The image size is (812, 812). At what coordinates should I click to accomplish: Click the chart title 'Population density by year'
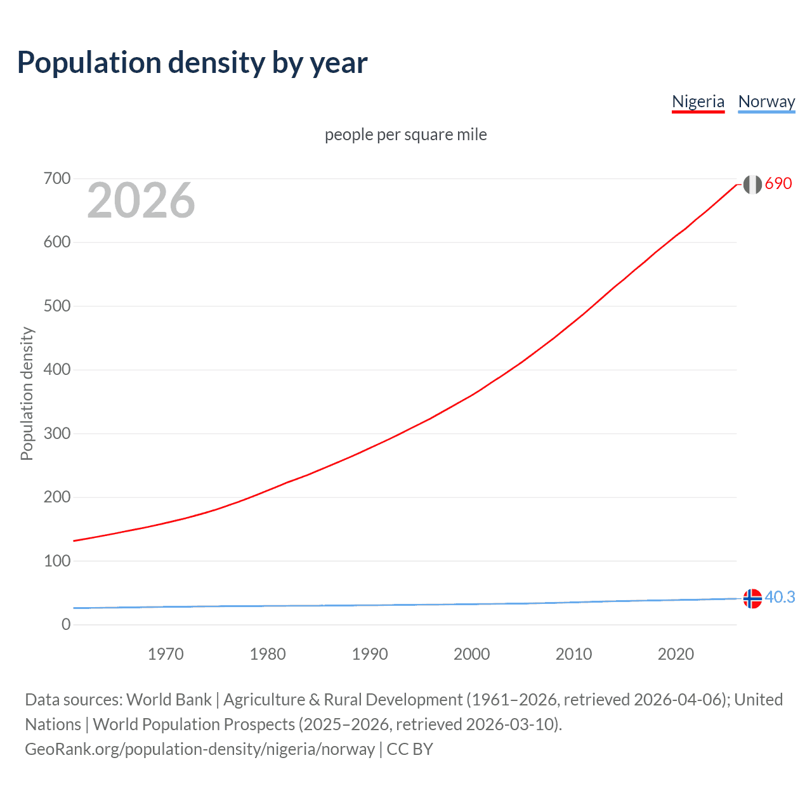click(x=192, y=63)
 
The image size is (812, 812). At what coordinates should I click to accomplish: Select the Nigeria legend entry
click(x=698, y=101)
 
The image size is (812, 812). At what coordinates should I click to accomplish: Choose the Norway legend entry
click(x=766, y=101)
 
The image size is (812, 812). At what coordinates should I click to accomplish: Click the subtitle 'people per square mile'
click(x=406, y=134)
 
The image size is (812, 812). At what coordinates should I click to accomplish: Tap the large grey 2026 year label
click(x=141, y=200)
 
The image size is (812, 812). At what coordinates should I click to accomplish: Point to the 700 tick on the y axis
click(x=57, y=178)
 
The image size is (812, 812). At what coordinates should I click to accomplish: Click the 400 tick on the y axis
click(x=57, y=369)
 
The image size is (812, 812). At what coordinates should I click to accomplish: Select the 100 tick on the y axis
click(x=57, y=561)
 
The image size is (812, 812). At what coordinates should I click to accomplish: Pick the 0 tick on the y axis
click(x=66, y=624)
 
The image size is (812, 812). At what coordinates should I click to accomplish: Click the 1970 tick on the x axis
click(x=166, y=654)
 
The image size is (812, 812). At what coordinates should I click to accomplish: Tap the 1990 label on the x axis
click(x=370, y=654)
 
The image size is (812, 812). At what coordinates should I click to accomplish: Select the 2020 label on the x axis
click(x=676, y=654)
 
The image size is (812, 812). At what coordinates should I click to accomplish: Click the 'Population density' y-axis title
click(x=27, y=393)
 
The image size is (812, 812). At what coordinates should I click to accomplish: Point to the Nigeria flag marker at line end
click(x=752, y=185)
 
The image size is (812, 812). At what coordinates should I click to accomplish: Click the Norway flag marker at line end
click(x=752, y=598)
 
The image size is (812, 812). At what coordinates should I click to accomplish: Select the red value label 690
click(x=778, y=183)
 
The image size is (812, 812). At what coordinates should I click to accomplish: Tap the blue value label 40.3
click(x=780, y=597)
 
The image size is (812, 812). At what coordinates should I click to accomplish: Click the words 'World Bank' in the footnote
click(x=169, y=700)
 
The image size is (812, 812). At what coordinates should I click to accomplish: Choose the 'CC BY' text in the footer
click(x=410, y=749)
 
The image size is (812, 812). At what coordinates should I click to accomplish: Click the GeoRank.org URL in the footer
click(x=200, y=749)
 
